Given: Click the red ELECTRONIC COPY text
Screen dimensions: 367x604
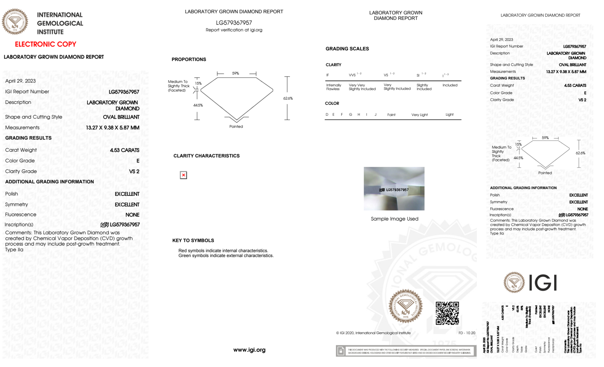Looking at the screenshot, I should coord(46,44).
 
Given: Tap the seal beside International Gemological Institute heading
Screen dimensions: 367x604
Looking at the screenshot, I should coord(15,21).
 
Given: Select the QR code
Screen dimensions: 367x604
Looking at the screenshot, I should coord(447,313).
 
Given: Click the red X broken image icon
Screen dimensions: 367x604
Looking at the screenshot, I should coord(183,175).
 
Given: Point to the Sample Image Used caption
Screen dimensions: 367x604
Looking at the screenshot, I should coord(395,219).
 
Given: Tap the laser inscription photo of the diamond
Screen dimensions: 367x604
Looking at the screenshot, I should coord(394,189).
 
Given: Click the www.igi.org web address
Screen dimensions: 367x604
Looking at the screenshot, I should coord(249,350).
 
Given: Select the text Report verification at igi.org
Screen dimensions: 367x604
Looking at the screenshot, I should coord(234,30).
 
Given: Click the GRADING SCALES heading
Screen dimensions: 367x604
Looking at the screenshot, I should coord(347,49).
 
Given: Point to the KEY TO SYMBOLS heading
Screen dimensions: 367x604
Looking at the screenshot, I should coord(193,240).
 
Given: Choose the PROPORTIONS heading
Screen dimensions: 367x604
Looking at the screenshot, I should coord(189,60).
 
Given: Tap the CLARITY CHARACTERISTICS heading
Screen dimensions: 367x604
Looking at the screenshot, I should coord(206,156).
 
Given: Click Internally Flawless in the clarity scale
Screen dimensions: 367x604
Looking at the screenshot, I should coord(334,87).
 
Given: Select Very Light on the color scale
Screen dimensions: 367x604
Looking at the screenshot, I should coord(420,115).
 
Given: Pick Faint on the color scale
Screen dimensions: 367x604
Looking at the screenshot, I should coord(391,115).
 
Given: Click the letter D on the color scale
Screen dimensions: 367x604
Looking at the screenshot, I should coord(327,114).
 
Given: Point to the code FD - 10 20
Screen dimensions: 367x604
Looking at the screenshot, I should coord(467,333).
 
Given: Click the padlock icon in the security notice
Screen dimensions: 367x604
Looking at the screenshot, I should coord(341,351).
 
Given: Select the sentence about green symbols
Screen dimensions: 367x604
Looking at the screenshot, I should coord(226,256).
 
